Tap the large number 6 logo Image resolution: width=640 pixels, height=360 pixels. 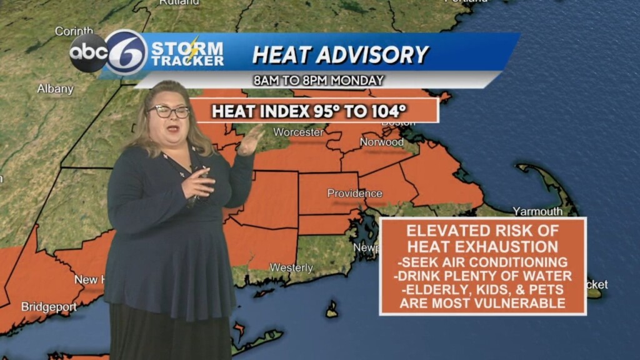(127, 52)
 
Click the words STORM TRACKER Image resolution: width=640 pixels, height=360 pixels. (187, 54)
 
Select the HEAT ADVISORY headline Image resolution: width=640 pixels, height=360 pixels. (340, 54)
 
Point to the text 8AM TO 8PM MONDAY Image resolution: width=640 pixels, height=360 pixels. (319, 81)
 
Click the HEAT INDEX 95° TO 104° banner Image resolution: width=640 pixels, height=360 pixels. (309, 111)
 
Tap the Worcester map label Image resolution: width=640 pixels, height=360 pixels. (299, 132)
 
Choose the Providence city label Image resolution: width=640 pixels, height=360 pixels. (354, 193)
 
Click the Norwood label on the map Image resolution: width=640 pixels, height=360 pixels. (381, 142)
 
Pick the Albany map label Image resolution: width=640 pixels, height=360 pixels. (55, 89)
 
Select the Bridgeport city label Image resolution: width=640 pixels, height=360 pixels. (49, 307)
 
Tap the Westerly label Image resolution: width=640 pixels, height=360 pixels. (291, 267)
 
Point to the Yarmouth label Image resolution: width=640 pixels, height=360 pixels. (537, 211)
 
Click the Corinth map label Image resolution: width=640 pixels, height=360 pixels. (74, 31)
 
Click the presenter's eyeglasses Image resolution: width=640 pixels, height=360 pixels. (169, 111)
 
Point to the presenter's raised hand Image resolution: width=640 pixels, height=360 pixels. (251, 139)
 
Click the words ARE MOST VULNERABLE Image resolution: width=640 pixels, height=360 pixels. (483, 304)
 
